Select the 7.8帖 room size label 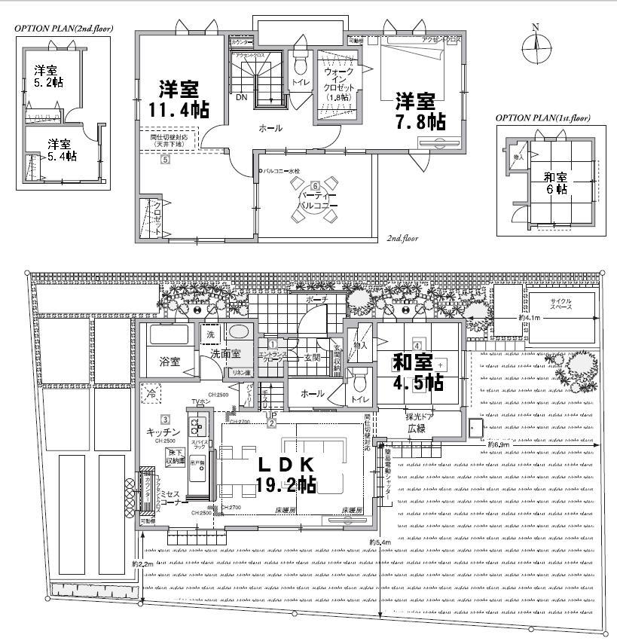point(416,111)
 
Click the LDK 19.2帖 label point(286,474)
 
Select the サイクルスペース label point(554,305)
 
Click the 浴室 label point(168,362)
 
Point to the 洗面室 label point(225,353)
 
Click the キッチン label point(163,432)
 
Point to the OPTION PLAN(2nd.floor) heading point(63,29)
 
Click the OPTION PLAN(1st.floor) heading point(542,118)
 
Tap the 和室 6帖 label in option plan point(556,184)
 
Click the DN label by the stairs point(241,98)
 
